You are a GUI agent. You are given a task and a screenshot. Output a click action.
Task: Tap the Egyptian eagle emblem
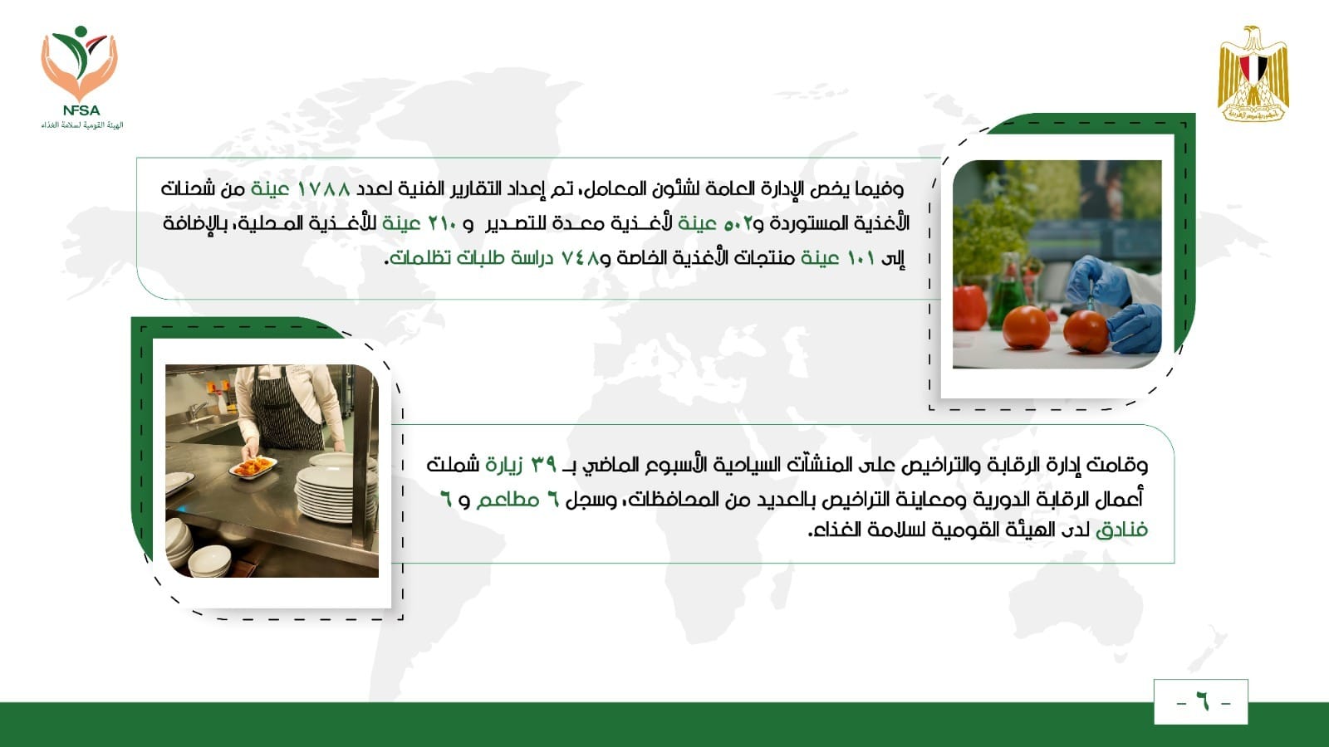(1253, 74)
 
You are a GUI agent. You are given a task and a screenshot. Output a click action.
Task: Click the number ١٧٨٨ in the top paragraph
(323, 189)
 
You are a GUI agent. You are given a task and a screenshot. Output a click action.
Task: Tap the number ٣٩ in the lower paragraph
(543, 465)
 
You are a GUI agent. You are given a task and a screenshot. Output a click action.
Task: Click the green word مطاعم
(508, 500)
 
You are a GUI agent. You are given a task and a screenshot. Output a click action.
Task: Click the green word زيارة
(503, 465)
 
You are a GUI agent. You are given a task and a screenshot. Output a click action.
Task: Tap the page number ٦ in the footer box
(1202, 703)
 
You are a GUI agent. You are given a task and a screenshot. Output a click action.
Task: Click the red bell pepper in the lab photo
(970, 308)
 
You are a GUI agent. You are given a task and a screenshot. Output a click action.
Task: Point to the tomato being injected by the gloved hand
(1086, 331)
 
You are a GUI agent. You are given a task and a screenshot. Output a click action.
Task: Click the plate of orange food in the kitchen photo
(253, 466)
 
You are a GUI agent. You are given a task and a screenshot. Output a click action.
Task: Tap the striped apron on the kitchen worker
(285, 408)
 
